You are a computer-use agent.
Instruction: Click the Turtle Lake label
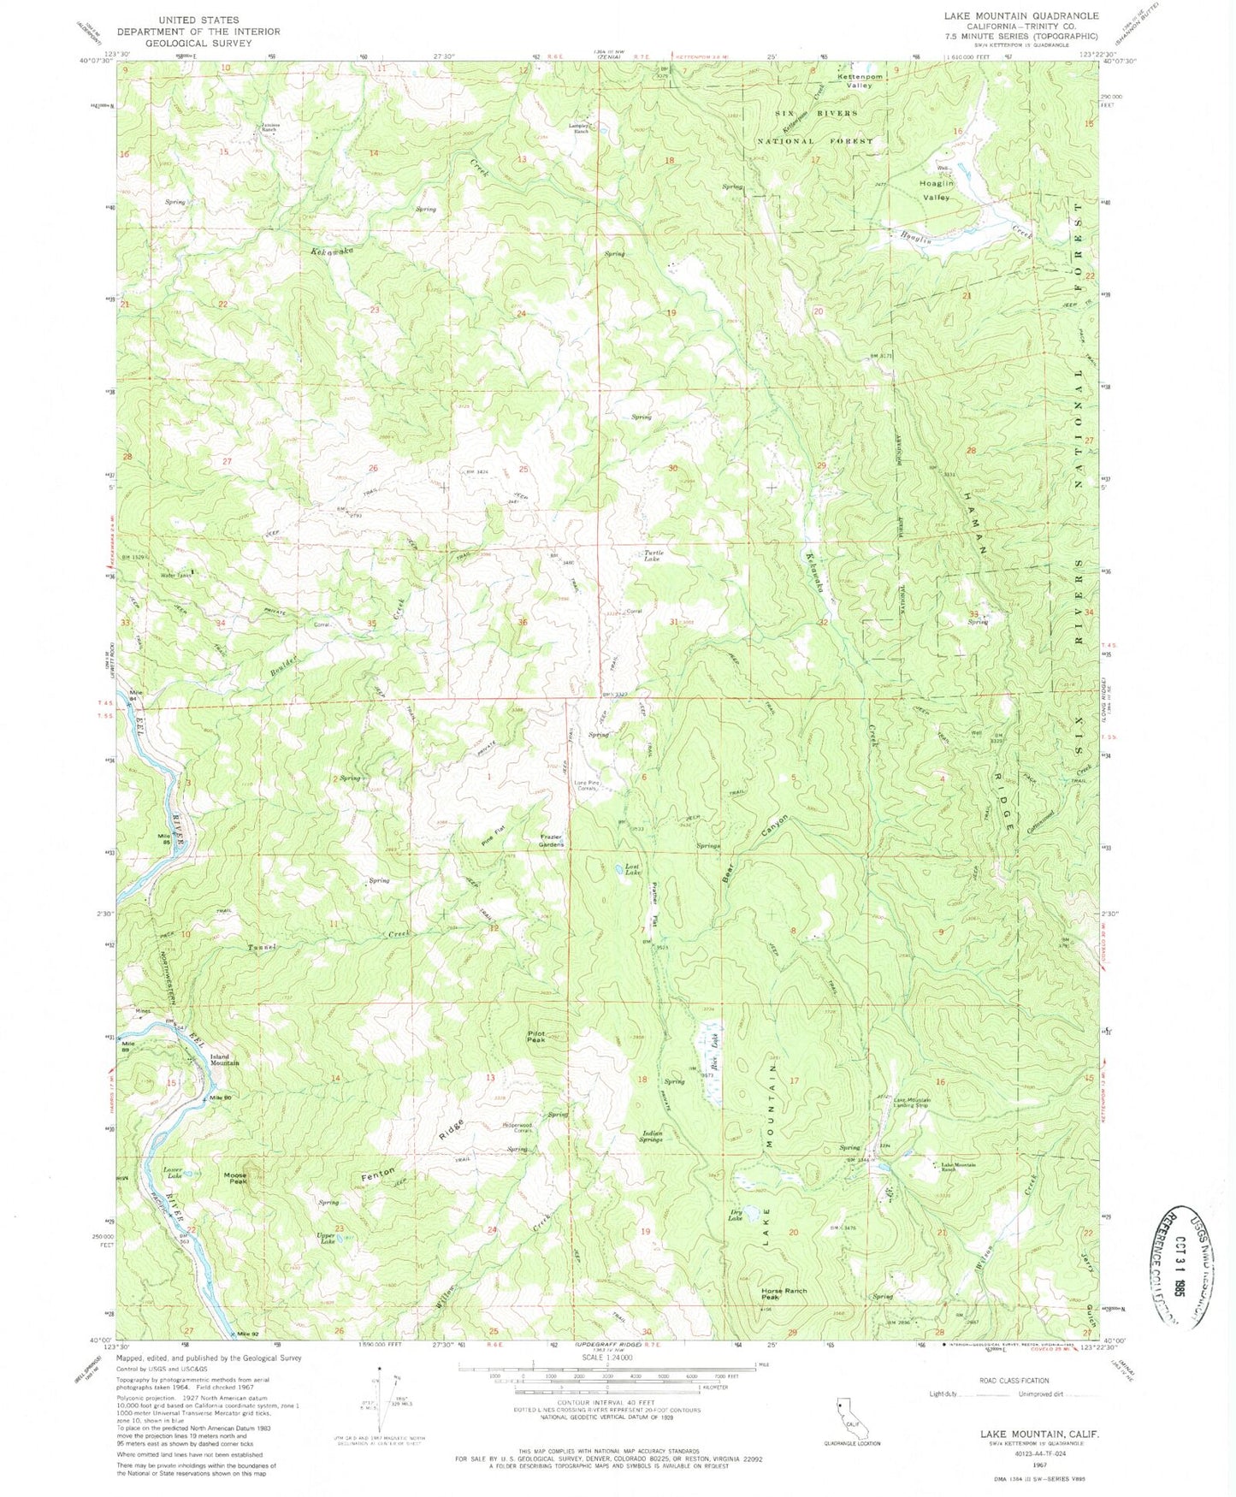[653, 556]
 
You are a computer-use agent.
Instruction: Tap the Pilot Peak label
[535, 1036]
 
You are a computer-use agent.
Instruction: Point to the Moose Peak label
[236, 1178]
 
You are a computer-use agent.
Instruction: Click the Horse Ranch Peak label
[784, 1293]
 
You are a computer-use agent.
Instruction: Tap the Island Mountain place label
[225, 1060]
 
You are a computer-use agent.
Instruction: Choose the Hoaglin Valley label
[936, 191]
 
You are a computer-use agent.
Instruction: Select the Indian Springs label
[652, 1137]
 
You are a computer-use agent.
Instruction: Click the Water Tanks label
[176, 576]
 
